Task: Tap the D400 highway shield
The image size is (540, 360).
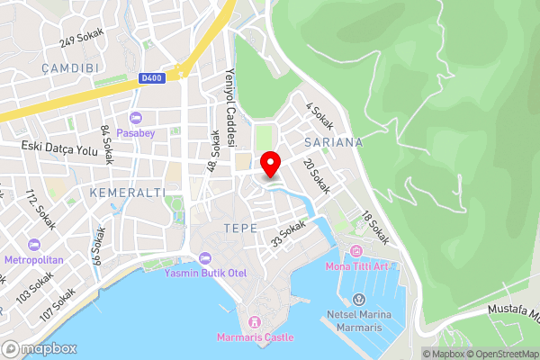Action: pyautogui.click(x=153, y=79)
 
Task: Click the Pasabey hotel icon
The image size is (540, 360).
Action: pyautogui.click(x=136, y=117)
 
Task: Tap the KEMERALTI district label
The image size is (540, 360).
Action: pyautogui.click(x=127, y=193)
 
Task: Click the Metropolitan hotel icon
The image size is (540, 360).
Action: pyautogui.click(x=34, y=245)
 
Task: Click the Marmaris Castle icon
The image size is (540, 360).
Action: pyautogui.click(x=255, y=321)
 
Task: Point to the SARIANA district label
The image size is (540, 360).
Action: pyautogui.click(x=333, y=142)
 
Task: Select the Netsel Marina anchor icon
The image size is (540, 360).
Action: pyautogui.click(x=359, y=299)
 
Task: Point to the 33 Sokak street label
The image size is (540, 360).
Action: pyautogui.click(x=289, y=236)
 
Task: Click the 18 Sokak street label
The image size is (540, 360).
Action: pyautogui.click(x=375, y=229)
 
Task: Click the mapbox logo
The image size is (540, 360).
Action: pyautogui.click(x=40, y=348)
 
